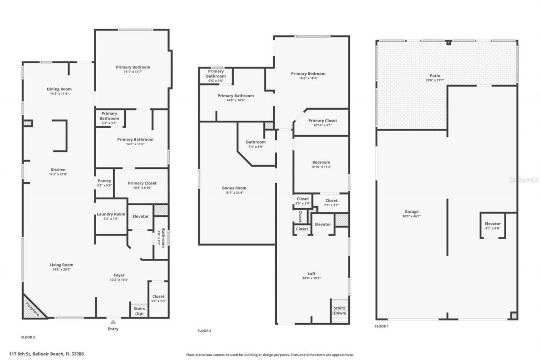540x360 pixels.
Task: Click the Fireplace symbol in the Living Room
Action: click(x=32, y=308)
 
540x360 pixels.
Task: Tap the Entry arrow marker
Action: click(x=113, y=322)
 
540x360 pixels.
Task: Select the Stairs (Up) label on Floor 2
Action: click(x=139, y=311)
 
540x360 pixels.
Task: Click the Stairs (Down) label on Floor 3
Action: click(x=340, y=311)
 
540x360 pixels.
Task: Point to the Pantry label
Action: click(x=104, y=181)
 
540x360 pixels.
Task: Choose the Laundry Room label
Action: click(x=111, y=214)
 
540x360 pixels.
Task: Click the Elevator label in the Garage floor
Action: click(x=492, y=224)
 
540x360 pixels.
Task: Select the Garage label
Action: click(x=411, y=212)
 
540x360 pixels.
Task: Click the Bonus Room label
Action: click(x=234, y=188)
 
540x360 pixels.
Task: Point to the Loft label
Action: click(x=311, y=273)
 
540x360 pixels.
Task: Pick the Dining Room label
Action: click(x=59, y=89)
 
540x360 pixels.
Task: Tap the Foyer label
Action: click(x=119, y=275)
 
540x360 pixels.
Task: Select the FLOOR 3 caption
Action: click(x=204, y=330)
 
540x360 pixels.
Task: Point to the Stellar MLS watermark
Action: click(x=524, y=180)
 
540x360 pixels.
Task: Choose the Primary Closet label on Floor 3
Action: click(x=322, y=121)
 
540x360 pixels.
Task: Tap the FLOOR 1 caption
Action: click(x=381, y=326)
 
